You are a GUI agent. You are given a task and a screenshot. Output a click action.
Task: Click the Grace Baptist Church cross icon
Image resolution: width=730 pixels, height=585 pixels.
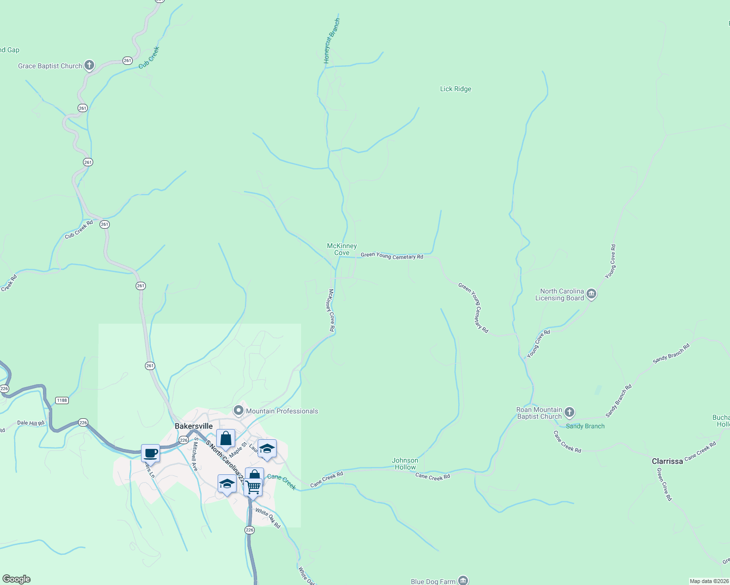pyautogui.click(x=89, y=65)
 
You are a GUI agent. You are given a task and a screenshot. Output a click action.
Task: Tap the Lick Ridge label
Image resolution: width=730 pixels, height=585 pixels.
pyautogui.click(x=455, y=89)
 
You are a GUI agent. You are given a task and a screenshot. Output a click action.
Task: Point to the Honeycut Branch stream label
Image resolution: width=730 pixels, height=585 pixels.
pyautogui.click(x=332, y=41)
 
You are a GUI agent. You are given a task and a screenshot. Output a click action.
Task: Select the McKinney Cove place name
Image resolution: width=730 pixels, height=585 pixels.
pyautogui.click(x=342, y=249)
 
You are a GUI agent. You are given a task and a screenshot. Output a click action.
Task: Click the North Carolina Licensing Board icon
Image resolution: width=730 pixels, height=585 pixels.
pyautogui.click(x=591, y=293)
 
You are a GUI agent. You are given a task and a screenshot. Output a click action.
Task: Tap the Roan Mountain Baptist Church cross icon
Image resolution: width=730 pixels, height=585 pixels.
pyautogui.click(x=569, y=412)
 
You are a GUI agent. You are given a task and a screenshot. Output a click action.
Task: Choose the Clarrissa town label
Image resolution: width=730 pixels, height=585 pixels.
pyautogui.click(x=667, y=461)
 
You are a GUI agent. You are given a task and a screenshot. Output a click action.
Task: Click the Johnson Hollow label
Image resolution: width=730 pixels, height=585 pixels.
pyautogui.click(x=405, y=464)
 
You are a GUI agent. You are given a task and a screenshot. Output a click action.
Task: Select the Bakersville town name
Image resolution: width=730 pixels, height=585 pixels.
pyautogui.click(x=194, y=426)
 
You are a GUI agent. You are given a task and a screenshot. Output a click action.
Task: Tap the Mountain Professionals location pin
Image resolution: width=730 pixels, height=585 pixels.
pyautogui.click(x=239, y=410)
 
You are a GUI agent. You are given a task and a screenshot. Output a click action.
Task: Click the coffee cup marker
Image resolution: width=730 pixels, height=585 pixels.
pyautogui.click(x=151, y=453)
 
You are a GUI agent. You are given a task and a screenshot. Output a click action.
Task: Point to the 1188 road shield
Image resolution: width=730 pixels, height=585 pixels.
pyautogui.click(x=62, y=400)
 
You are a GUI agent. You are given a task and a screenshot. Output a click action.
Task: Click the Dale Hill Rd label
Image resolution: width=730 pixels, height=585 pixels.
pyautogui.click(x=31, y=423)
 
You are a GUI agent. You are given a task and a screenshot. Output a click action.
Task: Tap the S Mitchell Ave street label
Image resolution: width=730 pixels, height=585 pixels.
pyautogui.click(x=194, y=453)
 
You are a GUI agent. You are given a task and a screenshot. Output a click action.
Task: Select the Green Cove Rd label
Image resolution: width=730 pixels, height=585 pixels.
pyautogui.click(x=664, y=484)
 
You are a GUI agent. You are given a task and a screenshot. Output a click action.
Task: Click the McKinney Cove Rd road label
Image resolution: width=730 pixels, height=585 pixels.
pyautogui.click(x=331, y=310)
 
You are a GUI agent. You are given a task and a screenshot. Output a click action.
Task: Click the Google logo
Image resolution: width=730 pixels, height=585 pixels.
pyautogui.click(x=17, y=579)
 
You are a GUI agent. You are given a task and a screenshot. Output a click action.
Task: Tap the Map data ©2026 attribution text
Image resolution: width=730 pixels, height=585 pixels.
pyautogui.click(x=709, y=581)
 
